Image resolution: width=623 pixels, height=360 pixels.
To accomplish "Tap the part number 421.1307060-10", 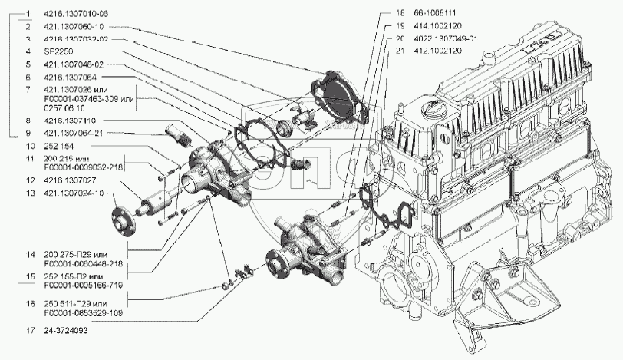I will (74, 27).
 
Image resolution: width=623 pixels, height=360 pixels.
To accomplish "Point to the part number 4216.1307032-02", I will (77, 39).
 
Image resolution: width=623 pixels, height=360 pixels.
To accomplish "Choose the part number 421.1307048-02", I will (74, 64).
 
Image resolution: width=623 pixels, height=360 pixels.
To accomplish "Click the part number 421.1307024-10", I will (74, 193).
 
